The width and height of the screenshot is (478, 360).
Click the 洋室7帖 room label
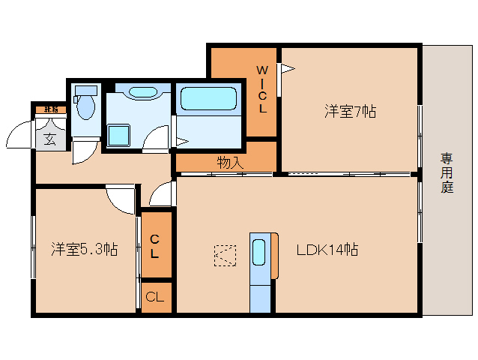(x=350, y=112)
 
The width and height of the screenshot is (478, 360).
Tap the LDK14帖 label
(x=327, y=249)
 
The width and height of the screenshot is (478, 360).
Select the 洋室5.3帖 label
(x=84, y=249)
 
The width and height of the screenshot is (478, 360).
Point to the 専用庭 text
(x=447, y=172)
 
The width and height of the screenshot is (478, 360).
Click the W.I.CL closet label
(x=262, y=88)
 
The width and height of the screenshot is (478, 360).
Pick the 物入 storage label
(x=229, y=161)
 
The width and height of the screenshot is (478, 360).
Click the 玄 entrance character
(x=49, y=138)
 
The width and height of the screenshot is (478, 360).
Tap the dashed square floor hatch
(x=223, y=256)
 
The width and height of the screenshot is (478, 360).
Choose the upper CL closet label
(x=154, y=247)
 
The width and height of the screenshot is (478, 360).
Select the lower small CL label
(x=154, y=297)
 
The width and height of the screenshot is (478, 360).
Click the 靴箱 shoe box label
(x=50, y=109)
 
